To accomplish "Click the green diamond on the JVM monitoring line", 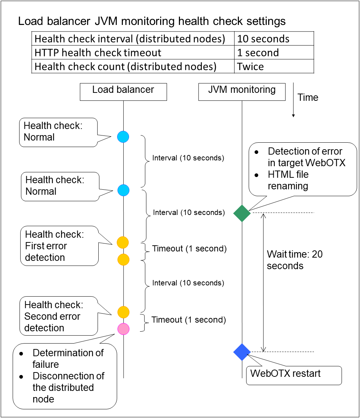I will (x=242, y=213).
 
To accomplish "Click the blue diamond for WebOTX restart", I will (x=242, y=352).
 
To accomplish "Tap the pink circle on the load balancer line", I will (x=123, y=328).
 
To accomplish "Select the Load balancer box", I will (x=123, y=92).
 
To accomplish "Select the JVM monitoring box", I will (x=242, y=92).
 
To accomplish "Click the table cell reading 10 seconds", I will (x=274, y=39).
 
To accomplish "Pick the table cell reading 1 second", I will (x=274, y=53).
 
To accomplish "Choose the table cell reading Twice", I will (x=274, y=66).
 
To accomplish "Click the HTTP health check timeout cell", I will (x=133, y=53).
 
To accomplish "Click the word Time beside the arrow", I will (x=308, y=98).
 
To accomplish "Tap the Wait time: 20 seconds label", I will (x=295, y=260).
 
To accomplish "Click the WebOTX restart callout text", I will (x=285, y=373).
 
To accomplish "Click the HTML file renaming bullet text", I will (x=288, y=180).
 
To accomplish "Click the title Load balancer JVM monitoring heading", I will (x=152, y=21).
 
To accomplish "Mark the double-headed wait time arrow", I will (x=263, y=282).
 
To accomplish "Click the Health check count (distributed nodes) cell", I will (x=133, y=66).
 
